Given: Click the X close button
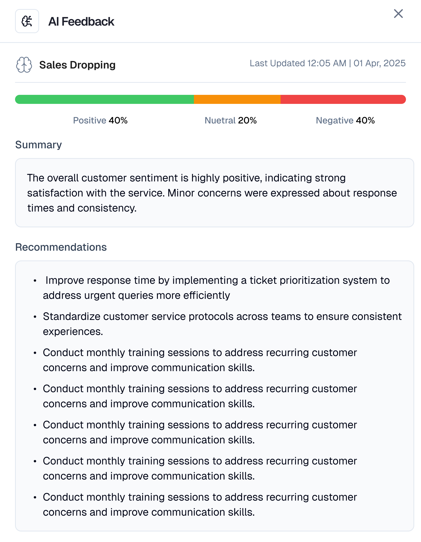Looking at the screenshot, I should pyautogui.click(x=398, y=14).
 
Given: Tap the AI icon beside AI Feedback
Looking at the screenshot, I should pyautogui.click(x=27, y=21).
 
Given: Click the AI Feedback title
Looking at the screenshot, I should pyautogui.click(x=81, y=22).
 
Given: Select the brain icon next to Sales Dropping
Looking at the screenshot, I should pyautogui.click(x=24, y=65).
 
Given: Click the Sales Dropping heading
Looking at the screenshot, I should pyautogui.click(x=77, y=65).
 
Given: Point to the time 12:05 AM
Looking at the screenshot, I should pyautogui.click(x=327, y=63).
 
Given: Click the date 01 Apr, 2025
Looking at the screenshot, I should pyautogui.click(x=379, y=63).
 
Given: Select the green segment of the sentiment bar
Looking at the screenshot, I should pyautogui.click(x=104, y=99).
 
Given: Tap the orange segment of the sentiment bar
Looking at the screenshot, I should pyautogui.click(x=237, y=99).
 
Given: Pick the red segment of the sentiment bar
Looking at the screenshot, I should pyautogui.click(x=343, y=99).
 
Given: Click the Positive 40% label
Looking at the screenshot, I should pyautogui.click(x=100, y=120).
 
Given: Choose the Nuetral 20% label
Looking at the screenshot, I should pyautogui.click(x=231, y=120).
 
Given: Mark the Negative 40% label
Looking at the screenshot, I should pyautogui.click(x=345, y=120).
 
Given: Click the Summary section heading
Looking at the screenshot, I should pyautogui.click(x=39, y=145).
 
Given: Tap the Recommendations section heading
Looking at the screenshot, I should pyautogui.click(x=61, y=247).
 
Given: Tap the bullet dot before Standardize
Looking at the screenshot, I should pyautogui.click(x=35, y=317).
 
